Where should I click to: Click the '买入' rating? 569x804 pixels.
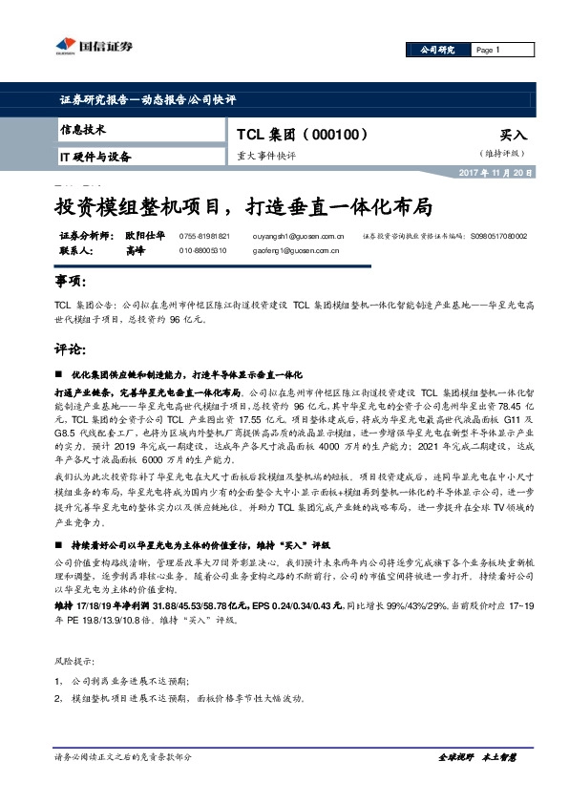pyautogui.click(x=514, y=137)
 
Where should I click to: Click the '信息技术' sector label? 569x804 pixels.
pyautogui.click(x=83, y=130)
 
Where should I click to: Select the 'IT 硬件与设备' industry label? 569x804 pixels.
pyautogui.click(x=95, y=156)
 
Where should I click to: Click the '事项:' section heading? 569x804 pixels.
pyautogui.click(x=71, y=283)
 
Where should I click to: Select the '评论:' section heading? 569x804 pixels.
pyautogui.click(x=71, y=349)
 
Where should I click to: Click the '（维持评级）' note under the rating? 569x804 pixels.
pyautogui.click(x=502, y=153)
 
